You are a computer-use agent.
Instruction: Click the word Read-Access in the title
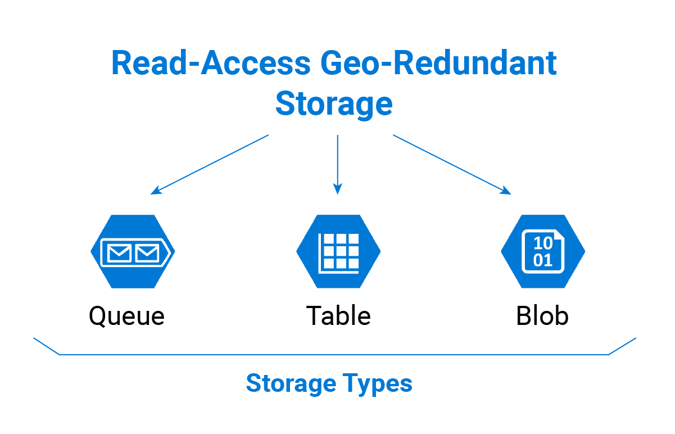click(x=211, y=63)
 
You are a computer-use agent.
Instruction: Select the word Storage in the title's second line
click(x=334, y=104)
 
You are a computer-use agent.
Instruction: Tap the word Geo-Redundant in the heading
click(x=438, y=63)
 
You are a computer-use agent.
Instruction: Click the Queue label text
click(x=126, y=316)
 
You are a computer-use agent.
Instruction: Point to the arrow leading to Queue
click(x=210, y=164)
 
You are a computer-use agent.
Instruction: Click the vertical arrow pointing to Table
click(x=337, y=163)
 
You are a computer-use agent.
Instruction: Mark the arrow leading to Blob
click(x=452, y=164)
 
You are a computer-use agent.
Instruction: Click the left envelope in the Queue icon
click(x=119, y=254)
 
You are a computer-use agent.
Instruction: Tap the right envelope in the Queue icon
click(x=147, y=254)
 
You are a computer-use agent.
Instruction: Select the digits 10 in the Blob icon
click(x=542, y=243)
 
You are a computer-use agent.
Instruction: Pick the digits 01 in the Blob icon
click(x=542, y=260)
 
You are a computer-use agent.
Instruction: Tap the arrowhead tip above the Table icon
click(x=337, y=192)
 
